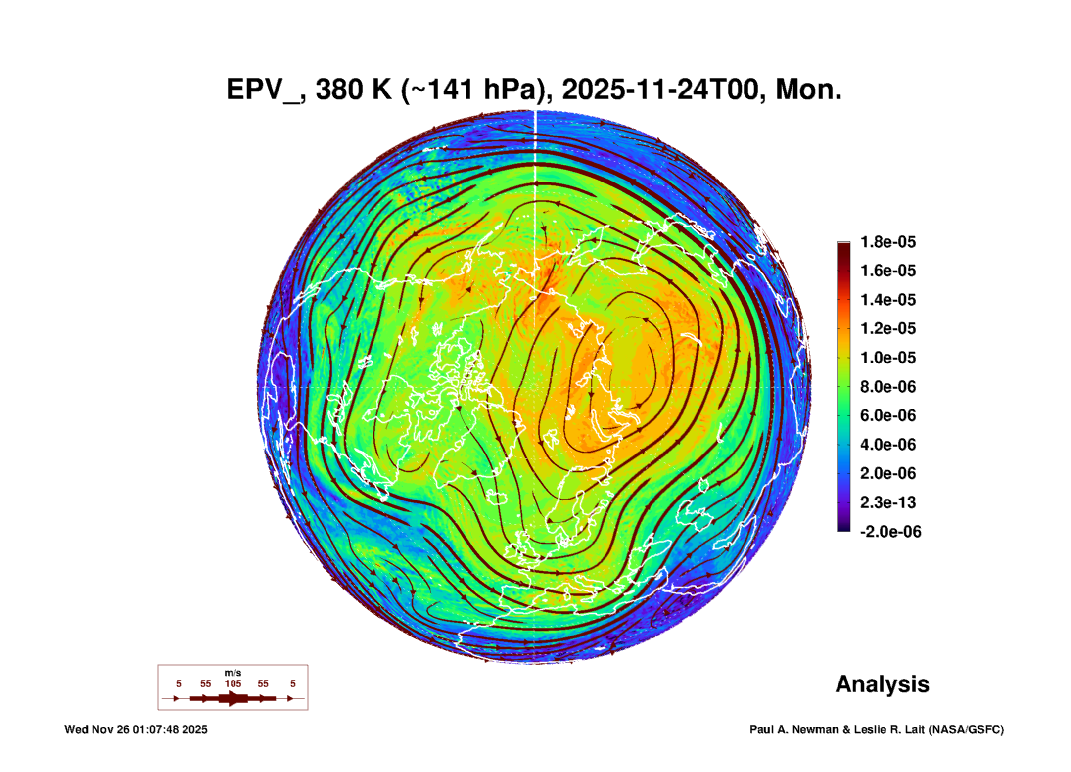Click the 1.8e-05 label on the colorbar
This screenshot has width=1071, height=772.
click(887, 242)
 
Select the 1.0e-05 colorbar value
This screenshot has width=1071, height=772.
click(887, 358)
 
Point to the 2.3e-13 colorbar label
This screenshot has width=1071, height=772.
click(887, 502)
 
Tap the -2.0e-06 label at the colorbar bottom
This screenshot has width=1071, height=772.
click(890, 532)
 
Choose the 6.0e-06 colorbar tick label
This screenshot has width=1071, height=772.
click(887, 415)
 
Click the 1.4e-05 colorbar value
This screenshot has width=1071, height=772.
click(887, 300)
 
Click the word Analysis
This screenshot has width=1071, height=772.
click(882, 684)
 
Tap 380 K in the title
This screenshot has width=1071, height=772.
click(353, 90)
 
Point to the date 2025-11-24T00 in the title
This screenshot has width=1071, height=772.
click(660, 90)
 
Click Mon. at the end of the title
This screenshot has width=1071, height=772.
click(808, 90)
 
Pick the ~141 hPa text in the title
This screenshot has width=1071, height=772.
click(468, 90)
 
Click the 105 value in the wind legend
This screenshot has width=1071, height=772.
click(233, 683)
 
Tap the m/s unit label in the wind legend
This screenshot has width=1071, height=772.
click(233, 673)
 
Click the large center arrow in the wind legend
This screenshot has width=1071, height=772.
click(233, 698)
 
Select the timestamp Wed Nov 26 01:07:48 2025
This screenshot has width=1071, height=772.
click(136, 729)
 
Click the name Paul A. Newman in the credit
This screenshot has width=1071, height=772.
click(794, 729)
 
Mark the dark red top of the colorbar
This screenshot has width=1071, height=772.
click(843, 247)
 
